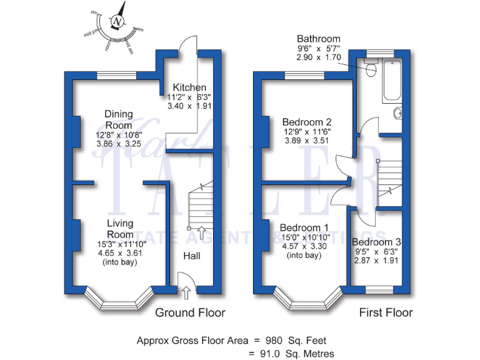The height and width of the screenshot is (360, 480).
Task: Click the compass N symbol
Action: click(x=117, y=22)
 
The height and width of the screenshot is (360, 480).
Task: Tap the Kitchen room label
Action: click(x=189, y=87)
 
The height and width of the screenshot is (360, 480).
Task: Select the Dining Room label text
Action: click(x=118, y=119)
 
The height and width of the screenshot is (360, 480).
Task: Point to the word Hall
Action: click(x=192, y=256)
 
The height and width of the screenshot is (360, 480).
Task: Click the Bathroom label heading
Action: click(x=319, y=39)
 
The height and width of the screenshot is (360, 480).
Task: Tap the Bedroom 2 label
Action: click(x=306, y=122)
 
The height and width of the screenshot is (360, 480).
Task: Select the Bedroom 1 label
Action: click(x=304, y=227)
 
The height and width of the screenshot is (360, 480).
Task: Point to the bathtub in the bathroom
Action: click(x=392, y=81)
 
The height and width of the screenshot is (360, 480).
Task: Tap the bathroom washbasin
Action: click(x=397, y=115)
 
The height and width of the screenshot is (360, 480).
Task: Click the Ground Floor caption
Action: click(x=190, y=312)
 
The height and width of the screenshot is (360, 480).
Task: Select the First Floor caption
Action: click(x=386, y=312)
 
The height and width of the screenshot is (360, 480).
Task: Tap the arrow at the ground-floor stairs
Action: click(x=201, y=233)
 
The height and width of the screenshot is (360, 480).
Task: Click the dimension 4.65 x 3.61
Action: click(x=118, y=254)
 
